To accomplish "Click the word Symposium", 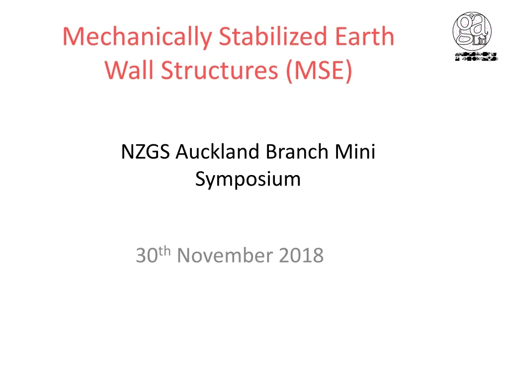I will coord(248,179).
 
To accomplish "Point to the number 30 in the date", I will coord(146,256).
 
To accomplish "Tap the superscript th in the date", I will coord(166,252).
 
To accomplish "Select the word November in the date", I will coord(225,256).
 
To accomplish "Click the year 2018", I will coord(301,256).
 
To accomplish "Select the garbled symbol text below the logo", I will coord(476,56).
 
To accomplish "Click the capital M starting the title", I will coord(73,37).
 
